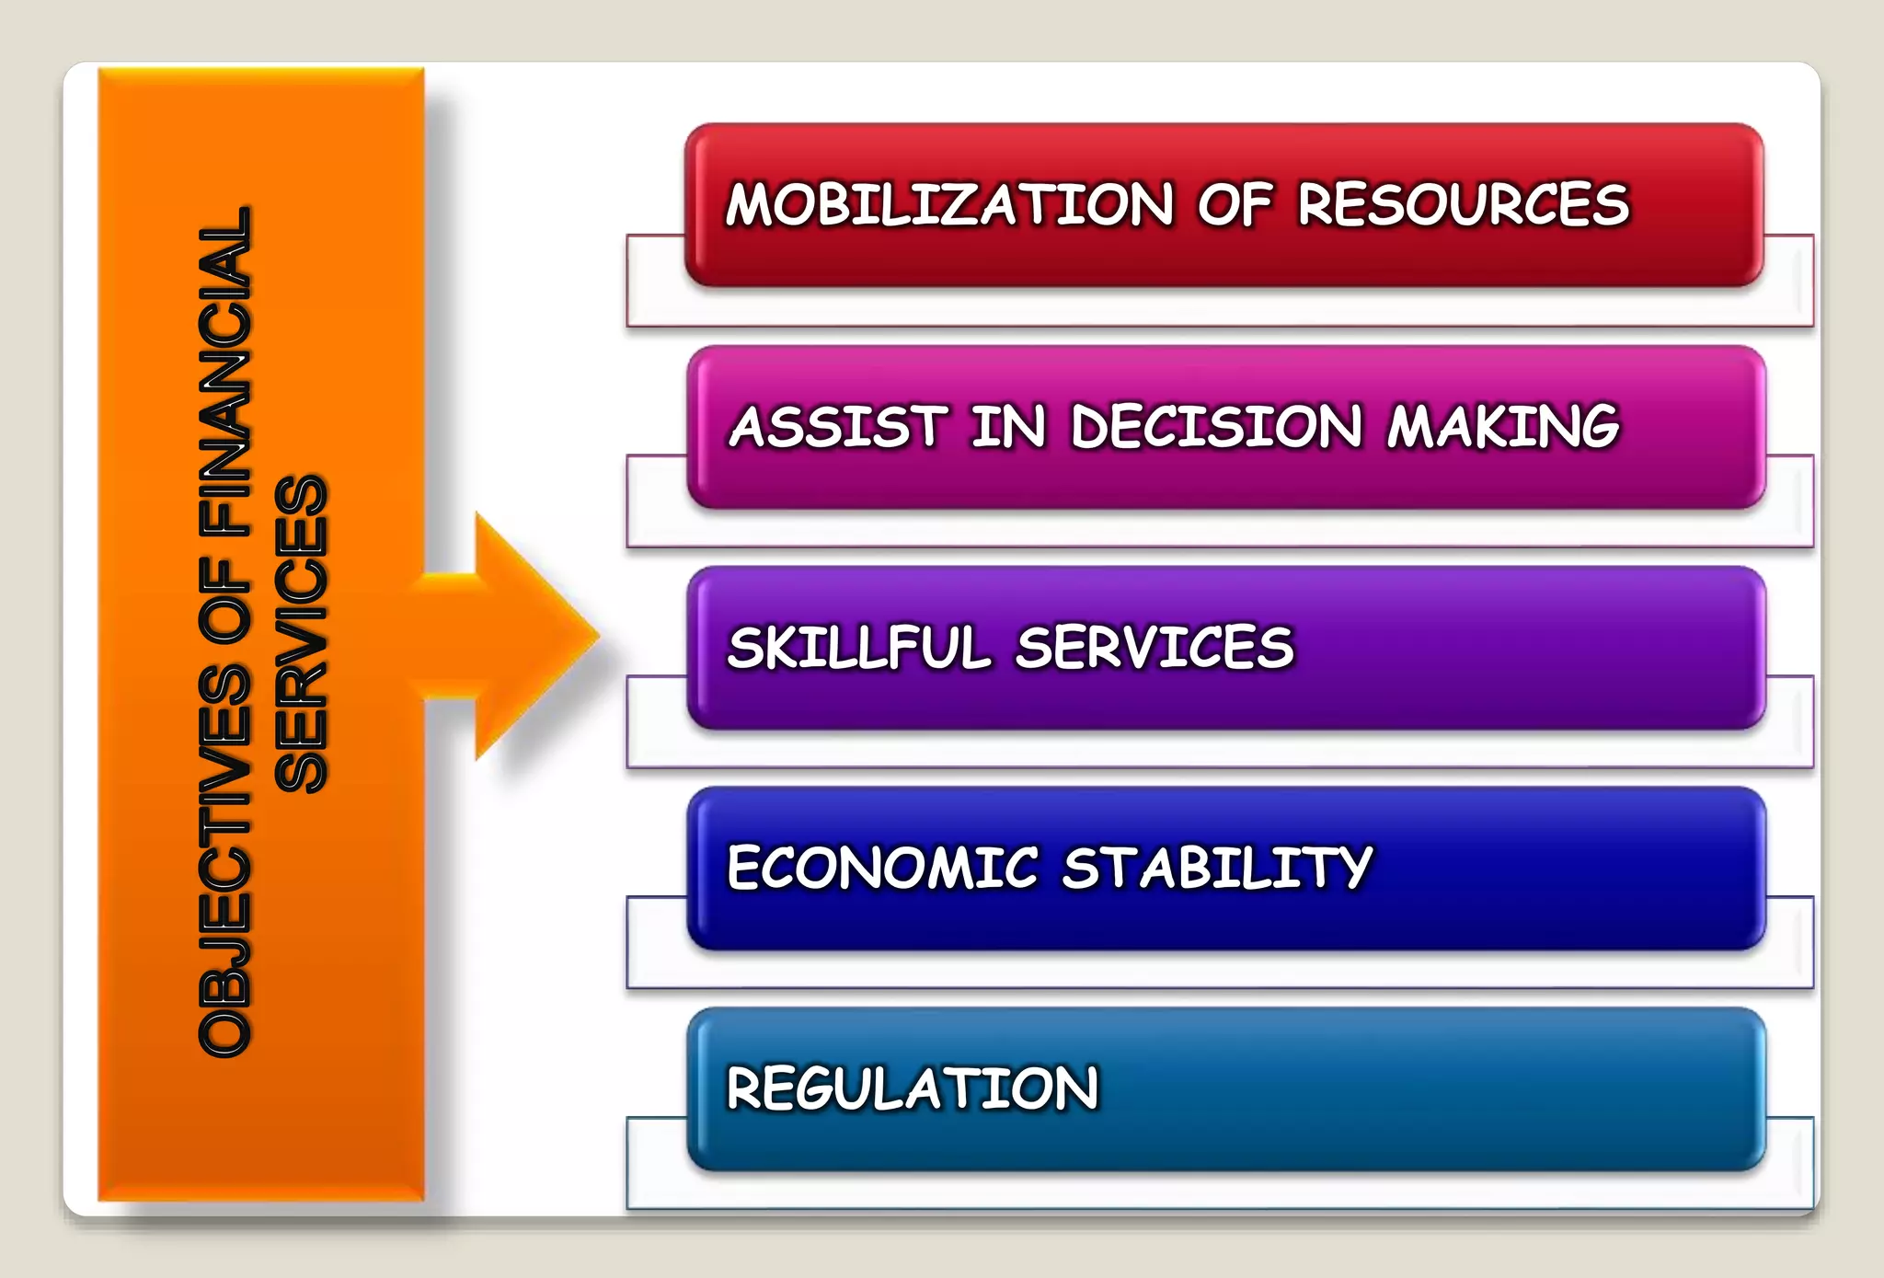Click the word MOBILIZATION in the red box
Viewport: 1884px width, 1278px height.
949,204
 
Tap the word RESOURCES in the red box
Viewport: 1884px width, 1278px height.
1463,204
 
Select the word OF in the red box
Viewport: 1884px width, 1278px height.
1235,204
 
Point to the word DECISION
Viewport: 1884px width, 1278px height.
1216,427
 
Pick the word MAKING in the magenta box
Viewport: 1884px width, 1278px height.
1503,427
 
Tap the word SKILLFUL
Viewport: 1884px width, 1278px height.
858,648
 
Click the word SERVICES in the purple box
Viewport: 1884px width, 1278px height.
1155,648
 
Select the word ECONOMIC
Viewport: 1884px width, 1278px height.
882,868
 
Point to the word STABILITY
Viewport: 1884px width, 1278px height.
1217,868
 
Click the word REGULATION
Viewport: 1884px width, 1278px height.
913,1088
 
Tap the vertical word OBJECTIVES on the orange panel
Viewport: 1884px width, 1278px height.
224,860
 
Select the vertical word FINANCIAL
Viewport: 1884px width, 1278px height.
224,373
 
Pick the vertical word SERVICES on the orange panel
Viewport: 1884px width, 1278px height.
301,635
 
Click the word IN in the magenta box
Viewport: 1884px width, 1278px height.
1009,427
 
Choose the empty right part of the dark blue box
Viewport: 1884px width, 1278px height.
1564,868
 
